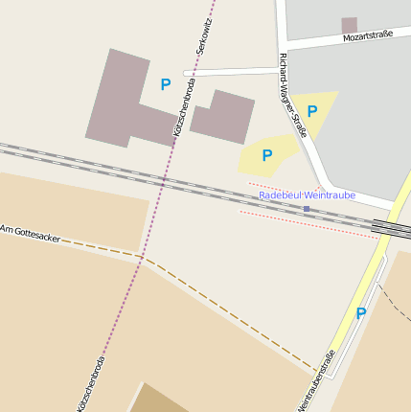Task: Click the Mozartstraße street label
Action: point(368,37)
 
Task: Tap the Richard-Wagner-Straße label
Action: point(292,94)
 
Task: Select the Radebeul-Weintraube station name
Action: point(307,195)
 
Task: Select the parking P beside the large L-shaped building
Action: point(166,84)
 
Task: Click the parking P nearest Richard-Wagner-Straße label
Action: point(312,111)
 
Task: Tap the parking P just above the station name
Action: point(267,155)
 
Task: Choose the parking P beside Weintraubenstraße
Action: point(361,313)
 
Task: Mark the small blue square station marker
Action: point(307,208)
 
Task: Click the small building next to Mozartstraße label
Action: point(350,25)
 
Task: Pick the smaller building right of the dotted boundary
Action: point(222,117)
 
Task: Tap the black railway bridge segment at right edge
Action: point(391,227)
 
